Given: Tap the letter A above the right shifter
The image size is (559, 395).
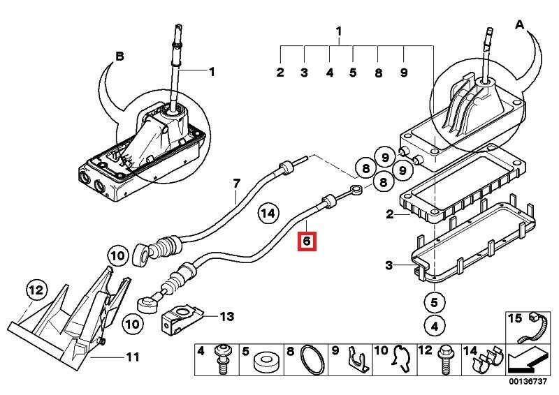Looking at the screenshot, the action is point(520,24).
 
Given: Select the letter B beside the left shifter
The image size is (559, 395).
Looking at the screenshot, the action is point(119,57).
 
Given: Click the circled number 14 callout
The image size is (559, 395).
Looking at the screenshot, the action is point(268,214).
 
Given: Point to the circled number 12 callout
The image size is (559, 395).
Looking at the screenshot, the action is point(36,290).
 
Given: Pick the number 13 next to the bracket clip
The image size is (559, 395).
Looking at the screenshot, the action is point(226,316).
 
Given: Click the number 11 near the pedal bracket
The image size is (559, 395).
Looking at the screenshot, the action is point(133,357).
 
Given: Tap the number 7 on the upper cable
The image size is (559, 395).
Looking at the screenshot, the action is point(237,184).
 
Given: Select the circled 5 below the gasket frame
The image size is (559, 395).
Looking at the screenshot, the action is point(434,302).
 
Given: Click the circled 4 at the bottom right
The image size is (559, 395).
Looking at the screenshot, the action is point(434,326).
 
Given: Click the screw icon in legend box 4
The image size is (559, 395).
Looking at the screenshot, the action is point(223,359).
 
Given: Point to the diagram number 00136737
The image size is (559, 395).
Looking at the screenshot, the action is point(528,382).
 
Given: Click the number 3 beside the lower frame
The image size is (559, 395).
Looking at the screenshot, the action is point(389,265).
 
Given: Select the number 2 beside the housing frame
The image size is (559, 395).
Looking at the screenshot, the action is point(390,214).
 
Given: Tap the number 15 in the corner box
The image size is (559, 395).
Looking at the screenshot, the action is point(515,318).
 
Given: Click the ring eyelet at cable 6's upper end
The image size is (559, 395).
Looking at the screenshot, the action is point(356,189).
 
